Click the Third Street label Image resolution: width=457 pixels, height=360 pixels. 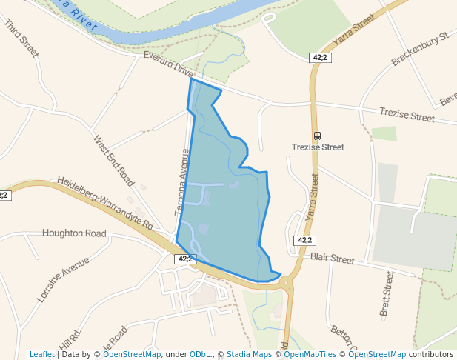click(20, 39)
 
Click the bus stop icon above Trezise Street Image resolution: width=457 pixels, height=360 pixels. click(318, 136)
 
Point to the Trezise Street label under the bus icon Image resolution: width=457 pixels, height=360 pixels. click(318, 147)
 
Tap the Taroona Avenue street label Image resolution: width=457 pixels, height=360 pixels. click(182, 182)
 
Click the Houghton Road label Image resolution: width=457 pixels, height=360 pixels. click(74, 233)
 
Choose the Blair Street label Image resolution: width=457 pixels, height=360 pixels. click(333, 258)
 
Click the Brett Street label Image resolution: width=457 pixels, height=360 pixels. click(387, 293)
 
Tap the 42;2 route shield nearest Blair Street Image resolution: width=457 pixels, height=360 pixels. click(305, 240)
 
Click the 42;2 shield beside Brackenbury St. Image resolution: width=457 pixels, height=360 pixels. click(319, 57)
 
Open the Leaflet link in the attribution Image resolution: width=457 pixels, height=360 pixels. click(42, 354)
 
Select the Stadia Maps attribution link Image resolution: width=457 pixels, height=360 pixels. click(249, 354)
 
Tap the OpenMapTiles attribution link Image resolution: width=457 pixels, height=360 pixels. click(310, 354)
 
